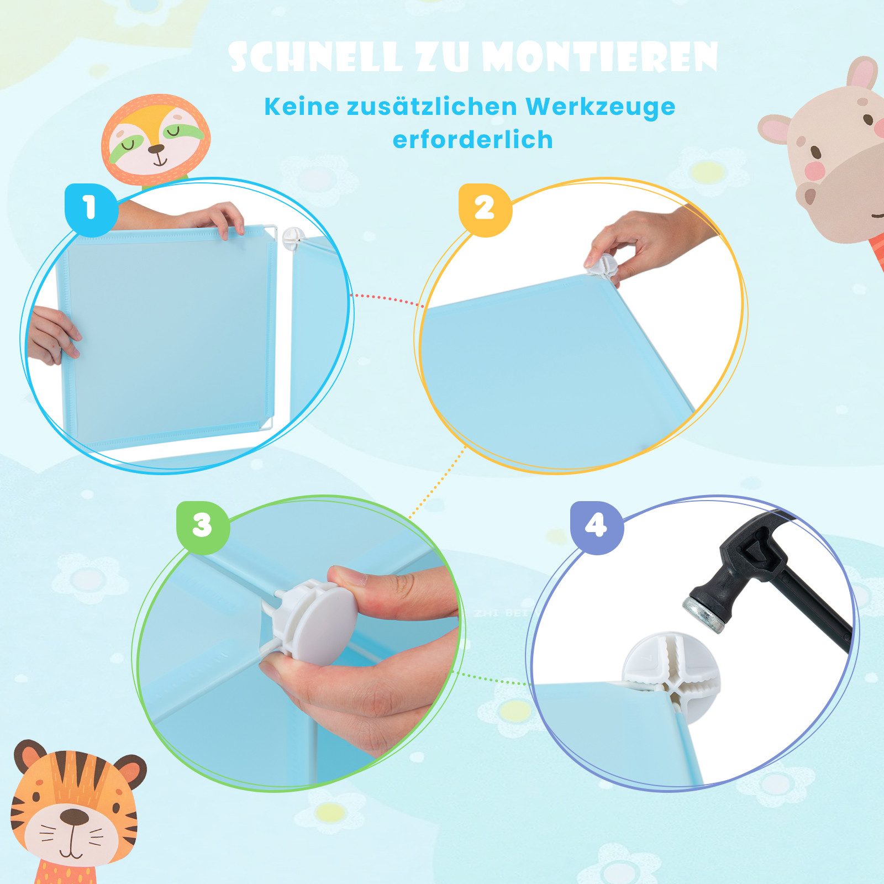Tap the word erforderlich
[472, 139]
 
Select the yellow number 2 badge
[485, 209]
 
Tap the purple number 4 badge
[596, 526]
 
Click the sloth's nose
[156, 149]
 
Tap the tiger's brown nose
[73, 817]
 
